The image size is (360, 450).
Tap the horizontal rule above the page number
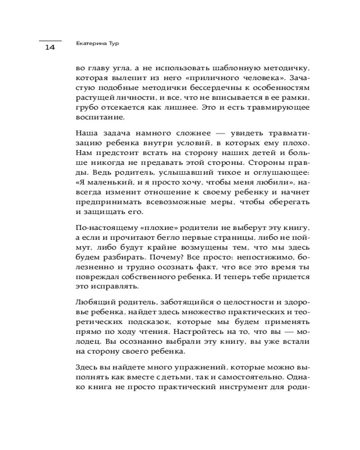click(x=49, y=40)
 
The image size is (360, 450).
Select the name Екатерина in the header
click(x=88, y=45)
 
